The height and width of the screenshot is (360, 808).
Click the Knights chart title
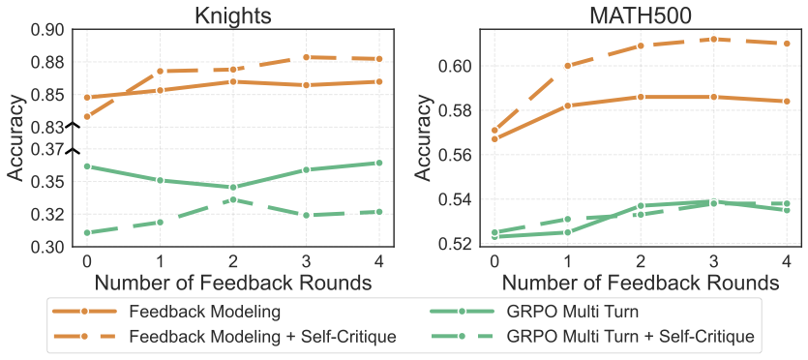point(233,14)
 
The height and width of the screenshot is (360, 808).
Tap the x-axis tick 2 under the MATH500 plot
point(641,260)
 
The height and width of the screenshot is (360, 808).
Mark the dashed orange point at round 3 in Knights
point(306,57)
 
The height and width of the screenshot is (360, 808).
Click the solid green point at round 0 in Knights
point(87,166)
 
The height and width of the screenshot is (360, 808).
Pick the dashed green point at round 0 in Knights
point(87,233)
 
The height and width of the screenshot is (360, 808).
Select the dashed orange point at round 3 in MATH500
point(714,39)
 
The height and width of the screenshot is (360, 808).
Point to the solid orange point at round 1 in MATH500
point(567,105)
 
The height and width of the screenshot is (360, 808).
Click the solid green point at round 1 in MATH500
point(567,232)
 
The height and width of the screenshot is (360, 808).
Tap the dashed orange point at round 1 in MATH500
point(567,66)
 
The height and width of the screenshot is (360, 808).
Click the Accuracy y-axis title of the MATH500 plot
point(424,136)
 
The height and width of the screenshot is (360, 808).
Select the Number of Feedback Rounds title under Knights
point(233,283)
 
